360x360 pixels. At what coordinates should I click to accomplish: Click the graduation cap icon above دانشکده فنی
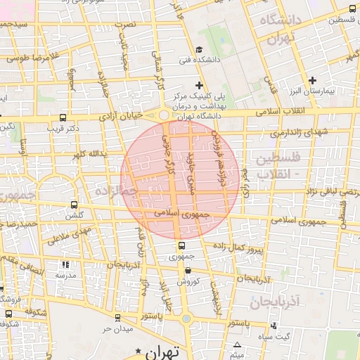199,49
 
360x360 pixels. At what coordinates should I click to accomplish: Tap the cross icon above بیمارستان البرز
313,80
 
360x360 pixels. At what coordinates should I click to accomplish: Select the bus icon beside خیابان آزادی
63,117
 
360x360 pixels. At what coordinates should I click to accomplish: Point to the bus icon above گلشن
74,205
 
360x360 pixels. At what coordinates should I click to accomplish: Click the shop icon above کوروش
188,270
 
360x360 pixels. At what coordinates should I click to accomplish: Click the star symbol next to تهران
139,349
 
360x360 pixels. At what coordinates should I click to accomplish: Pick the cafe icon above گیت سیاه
274,326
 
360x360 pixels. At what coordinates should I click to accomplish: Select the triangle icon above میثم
238,345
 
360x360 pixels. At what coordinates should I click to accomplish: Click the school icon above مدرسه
65,265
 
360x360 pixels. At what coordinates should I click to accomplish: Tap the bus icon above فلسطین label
352,9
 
